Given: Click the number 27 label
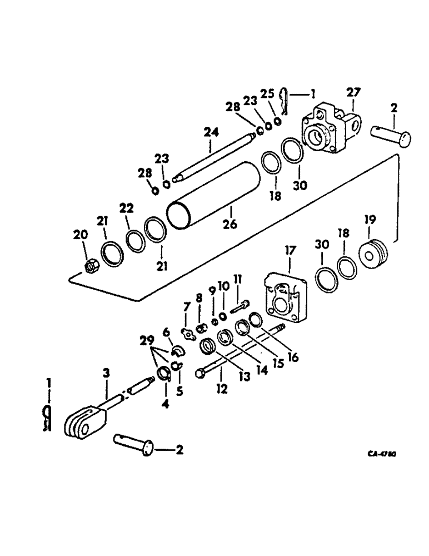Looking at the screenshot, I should click(353, 92).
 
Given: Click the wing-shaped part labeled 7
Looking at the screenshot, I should click(188, 334).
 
